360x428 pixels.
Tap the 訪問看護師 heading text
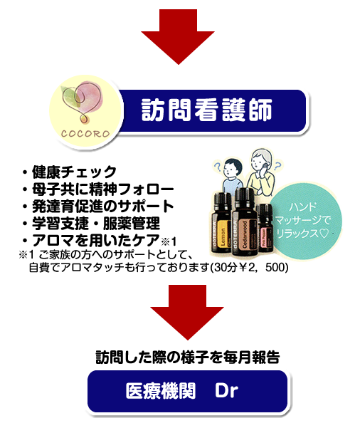[x=207, y=110]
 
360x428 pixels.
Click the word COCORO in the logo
[x=85, y=134]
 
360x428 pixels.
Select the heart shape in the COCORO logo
[x=81, y=102]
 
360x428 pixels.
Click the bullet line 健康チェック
[x=70, y=172]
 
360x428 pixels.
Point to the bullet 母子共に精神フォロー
[x=98, y=189]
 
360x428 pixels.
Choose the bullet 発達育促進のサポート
[x=98, y=207]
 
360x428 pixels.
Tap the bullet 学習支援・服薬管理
[x=91, y=224]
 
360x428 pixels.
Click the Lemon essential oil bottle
[x=221, y=223]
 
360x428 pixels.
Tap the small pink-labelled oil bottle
[x=265, y=228]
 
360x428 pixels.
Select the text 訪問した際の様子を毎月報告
[x=188, y=357]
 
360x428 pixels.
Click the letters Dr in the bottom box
[x=227, y=390]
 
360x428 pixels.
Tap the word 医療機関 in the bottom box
[x=161, y=390]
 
